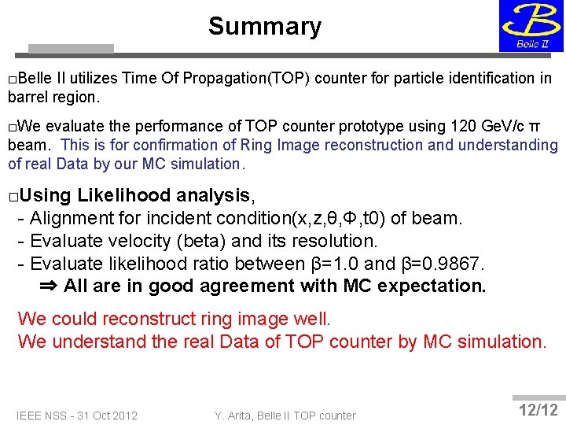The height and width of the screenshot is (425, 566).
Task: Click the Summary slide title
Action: (x=265, y=27)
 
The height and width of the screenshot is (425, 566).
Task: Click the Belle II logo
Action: (x=531, y=25)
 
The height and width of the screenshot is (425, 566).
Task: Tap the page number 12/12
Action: (x=538, y=410)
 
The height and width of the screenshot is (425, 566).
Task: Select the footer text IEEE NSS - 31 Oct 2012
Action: (x=77, y=416)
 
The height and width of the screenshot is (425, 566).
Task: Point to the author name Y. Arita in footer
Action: (x=237, y=416)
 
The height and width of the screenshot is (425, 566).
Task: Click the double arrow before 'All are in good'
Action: (x=49, y=286)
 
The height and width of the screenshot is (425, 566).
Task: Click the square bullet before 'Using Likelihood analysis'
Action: (x=13, y=196)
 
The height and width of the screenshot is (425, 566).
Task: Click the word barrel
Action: (x=27, y=98)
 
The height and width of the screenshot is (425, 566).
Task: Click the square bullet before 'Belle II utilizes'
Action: (x=13, y=79)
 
